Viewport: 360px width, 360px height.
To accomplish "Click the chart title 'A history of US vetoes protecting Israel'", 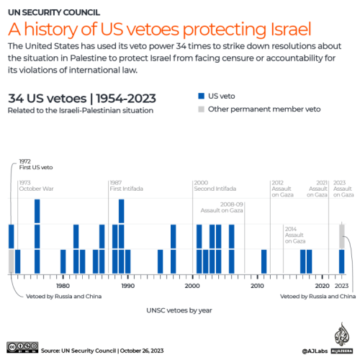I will point(160,30).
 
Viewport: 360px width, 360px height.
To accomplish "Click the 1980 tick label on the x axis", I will point(63,287).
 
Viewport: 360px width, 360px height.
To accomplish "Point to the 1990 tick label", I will point(128,287).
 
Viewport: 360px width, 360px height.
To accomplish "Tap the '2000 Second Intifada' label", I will point(213,186).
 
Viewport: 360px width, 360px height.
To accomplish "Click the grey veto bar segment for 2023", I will point(342,236).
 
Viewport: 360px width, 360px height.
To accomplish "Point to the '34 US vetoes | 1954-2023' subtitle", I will point(81,98).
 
